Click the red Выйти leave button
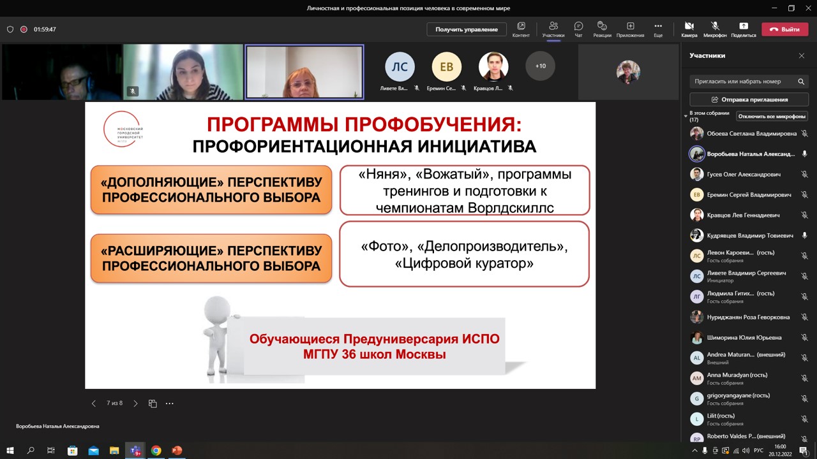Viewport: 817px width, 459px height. pyautogui.click(x=784, y=29)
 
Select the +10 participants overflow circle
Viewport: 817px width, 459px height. pyautogui.click(x=540, y=66)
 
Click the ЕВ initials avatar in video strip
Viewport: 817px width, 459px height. pyautogui.click(x=446, y=66)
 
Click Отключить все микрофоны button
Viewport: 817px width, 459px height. pyautogui.click(x=772, y=116)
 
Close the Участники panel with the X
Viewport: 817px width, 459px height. pyautogui.click(x=802, y=56)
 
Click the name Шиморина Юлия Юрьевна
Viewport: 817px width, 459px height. pyautogui.click(x=744, y=337)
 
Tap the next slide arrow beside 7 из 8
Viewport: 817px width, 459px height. pyautogui.click(x=135, y=404)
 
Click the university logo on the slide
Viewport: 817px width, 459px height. pyautogui.click(x=123, y=129)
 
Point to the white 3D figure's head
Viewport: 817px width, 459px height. pyautogui.click(x=217, y=309)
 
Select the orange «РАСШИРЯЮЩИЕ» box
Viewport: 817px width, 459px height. pyautogui.click(x=211, y=258)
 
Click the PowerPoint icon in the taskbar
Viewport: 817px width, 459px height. pyautogui.click(x=177, y=451)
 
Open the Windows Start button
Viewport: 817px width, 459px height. pyautogui.click(x=10, y=451)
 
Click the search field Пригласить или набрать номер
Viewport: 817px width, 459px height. pyautogui.click(x=743, y=82)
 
